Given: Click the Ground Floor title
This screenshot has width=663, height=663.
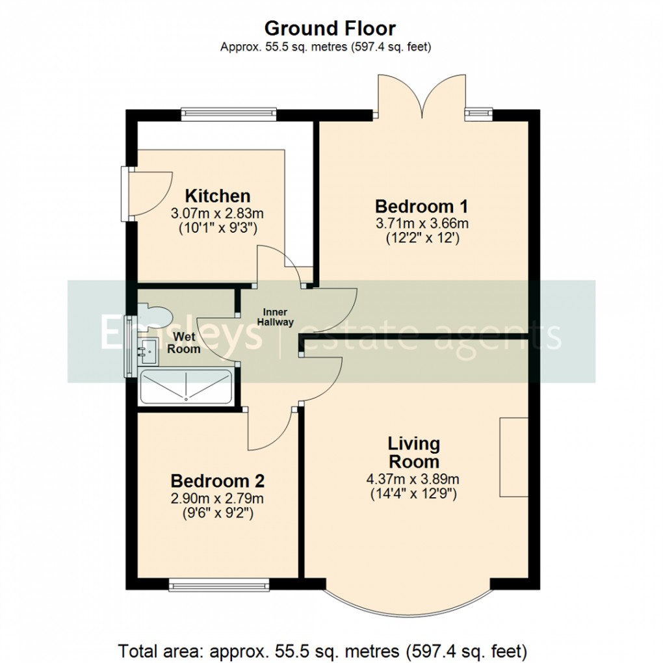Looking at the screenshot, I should point(330,29).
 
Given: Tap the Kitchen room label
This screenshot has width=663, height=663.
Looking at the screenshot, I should point(218,196).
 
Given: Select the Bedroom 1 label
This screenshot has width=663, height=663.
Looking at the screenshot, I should point(422,207).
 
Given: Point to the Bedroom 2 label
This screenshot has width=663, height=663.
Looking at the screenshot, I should point(217,482).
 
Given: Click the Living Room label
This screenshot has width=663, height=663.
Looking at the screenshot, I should point(413,452).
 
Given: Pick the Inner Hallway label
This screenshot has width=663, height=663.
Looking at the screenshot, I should point(275,317).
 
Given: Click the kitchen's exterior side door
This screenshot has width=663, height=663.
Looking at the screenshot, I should point(148,192).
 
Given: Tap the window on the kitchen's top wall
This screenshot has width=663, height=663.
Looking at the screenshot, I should point(229,114).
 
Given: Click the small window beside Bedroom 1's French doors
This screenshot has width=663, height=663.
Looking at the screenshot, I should point(478,114).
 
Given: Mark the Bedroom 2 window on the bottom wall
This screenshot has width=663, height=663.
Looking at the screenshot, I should point(219,585).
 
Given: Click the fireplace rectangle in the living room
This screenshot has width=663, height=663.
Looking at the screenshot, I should point(513,457).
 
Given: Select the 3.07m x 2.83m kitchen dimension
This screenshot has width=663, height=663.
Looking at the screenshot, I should point(217,213).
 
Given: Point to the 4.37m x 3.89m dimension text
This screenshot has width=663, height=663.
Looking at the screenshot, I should point(413,479).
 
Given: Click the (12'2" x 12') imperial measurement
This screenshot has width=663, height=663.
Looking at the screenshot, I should point(422,239).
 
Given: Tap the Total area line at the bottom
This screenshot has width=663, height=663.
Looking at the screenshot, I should point(322,650).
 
